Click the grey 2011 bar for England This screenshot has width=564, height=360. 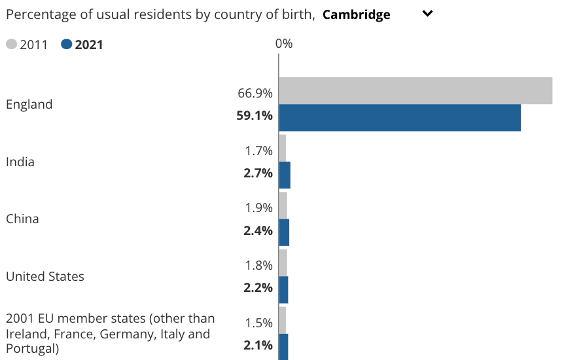[x=415, y=90]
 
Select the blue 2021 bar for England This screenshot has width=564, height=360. [x=400, y=118]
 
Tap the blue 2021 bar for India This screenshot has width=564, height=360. [x=285, y=175]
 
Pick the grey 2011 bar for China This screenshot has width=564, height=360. [x=283, y=205]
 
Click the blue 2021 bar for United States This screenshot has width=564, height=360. [x=283, y=289]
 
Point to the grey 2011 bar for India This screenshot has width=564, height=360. [x=283, y=148]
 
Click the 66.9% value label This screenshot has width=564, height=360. [x=255, y=94]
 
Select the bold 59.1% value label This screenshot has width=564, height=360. [x=255, y=116]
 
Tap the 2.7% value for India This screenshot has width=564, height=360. [x=258, y=173]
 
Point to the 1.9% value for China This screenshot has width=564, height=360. [x=258, y=208]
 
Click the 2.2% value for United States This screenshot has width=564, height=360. [x=258, y=287]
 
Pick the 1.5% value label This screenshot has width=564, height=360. [x=258, y=323]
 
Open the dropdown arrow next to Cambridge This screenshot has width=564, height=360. [x=428, y=14]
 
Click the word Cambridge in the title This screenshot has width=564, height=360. [x=356, y=14]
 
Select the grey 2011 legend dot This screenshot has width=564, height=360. [x=11, y=45]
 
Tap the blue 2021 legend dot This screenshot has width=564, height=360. [x=66, y=45]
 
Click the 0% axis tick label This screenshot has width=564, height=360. [x=283, y=44]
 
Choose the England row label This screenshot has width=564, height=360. [x=29, y=104]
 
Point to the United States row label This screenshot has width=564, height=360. [x=45, y=276]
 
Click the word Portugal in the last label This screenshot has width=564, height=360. [x=31, y=349]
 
